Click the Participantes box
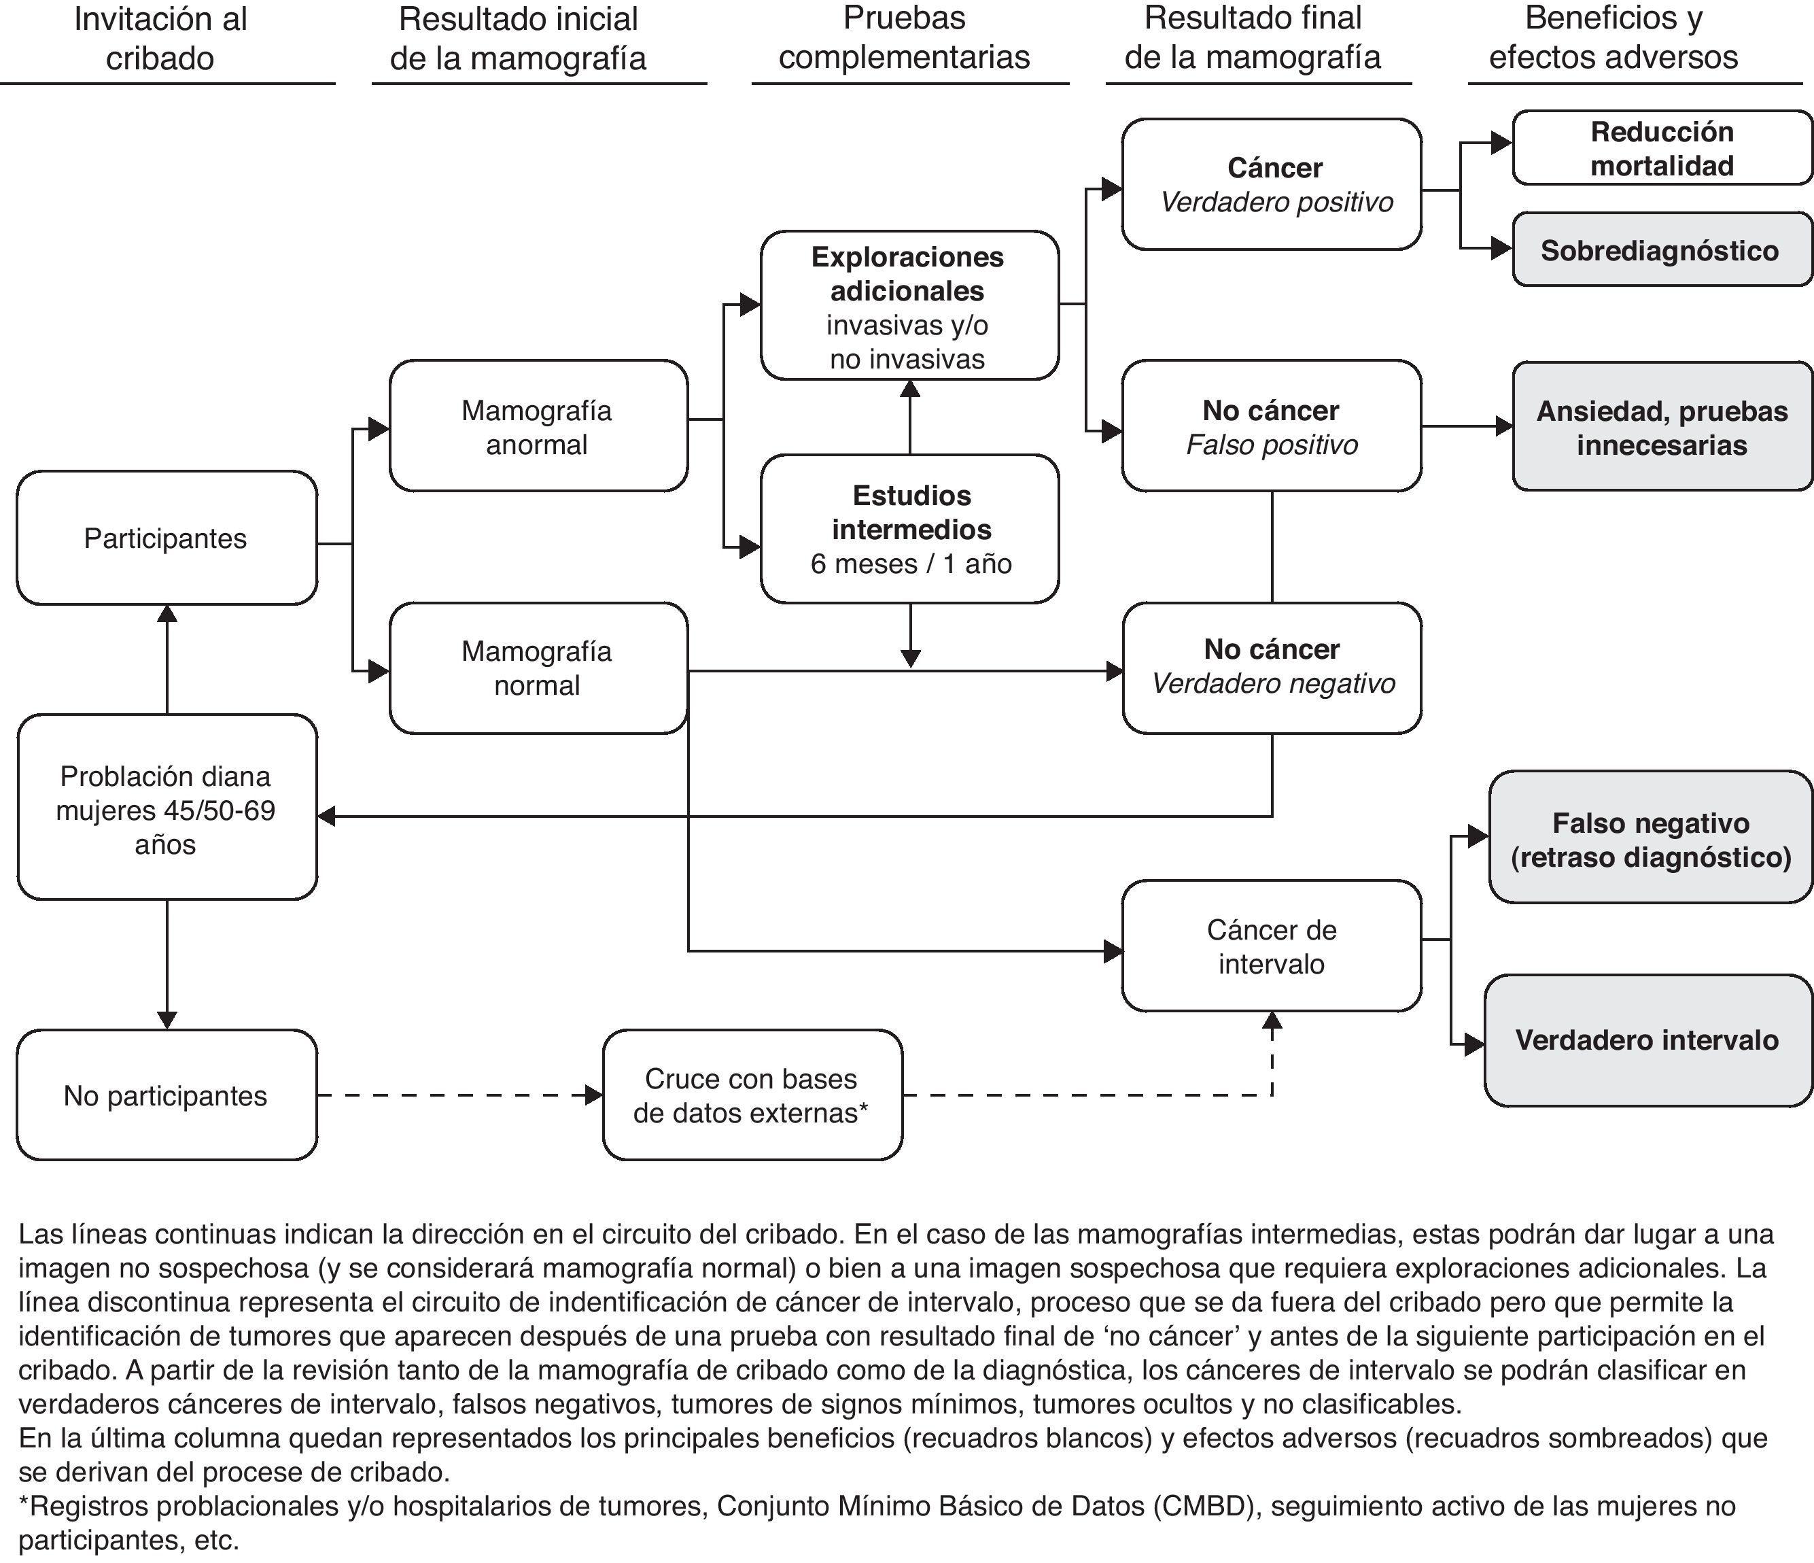click(167, 538)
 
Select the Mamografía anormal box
click(538, 426)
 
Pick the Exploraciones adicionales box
click(909, 305)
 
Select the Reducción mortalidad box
click(1661, 148)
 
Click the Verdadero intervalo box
click(1647, 1040)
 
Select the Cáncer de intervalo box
click(1271, 946)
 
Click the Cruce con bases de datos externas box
click(751, 1095)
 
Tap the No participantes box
click(167, 1095)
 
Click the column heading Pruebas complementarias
click(905, 39)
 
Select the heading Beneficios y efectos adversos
click(1613, 39)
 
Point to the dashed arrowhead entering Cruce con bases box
click(593, 1095)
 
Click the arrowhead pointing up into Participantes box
click(167, 614)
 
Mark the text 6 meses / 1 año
click(911, 563)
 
